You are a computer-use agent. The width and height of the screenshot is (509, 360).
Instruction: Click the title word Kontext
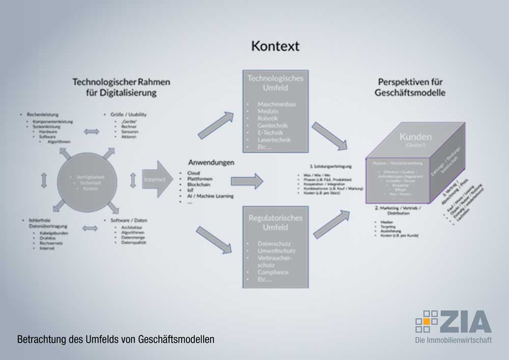pos(275,46)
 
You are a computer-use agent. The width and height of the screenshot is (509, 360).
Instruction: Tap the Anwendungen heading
pos(211,163)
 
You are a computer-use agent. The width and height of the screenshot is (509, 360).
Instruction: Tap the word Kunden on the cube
pos(415,137)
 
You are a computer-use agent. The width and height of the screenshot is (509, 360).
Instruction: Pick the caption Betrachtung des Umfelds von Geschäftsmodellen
pos(116,339)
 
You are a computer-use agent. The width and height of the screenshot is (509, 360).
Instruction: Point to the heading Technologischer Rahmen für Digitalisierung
pos(121,87)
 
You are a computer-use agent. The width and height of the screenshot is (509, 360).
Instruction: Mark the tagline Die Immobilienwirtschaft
pos(454,340)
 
